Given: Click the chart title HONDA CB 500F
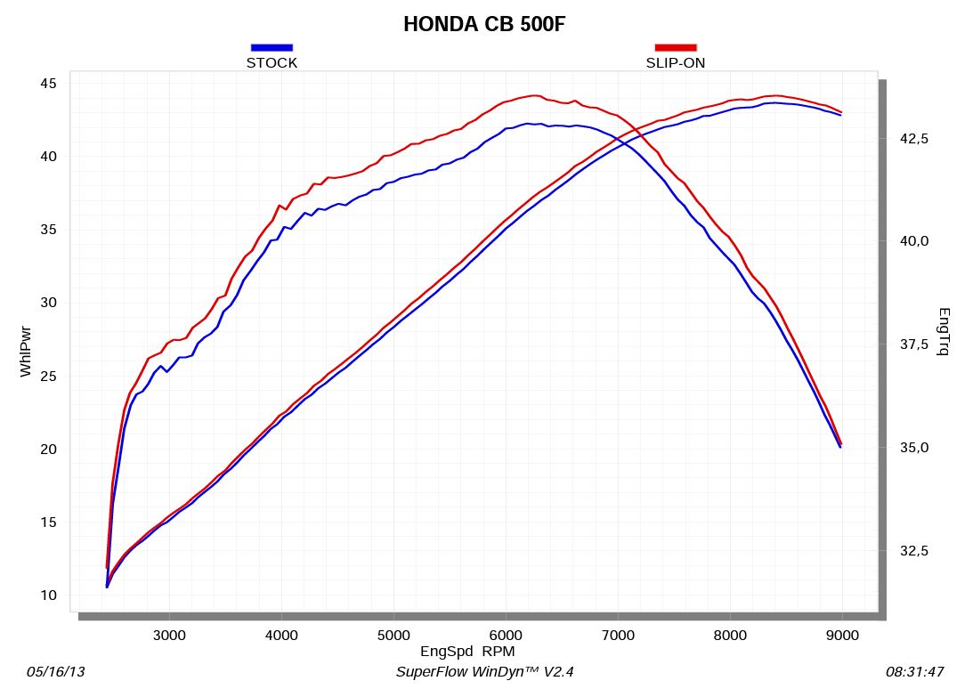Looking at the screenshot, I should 484,24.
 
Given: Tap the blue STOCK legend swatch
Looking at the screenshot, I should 272,47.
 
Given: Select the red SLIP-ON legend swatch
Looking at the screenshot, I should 676,47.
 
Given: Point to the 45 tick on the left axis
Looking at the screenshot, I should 47,84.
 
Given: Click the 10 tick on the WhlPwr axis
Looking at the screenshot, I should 47,596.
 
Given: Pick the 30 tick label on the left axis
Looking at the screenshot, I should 47,303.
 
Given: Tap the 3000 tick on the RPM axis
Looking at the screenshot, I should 169,635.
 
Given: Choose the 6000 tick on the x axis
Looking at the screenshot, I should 506,635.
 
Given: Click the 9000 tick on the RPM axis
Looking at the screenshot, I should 842,635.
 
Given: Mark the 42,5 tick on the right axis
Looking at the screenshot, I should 914,138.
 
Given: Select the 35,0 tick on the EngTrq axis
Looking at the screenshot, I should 914,448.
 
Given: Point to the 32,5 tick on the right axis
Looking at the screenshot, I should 914,551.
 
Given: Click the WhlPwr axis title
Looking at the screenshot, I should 26,351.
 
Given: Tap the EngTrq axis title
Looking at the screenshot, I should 945,331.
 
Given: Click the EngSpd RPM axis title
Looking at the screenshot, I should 467,651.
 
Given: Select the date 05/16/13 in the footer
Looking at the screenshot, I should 56,672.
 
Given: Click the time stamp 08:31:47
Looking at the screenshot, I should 914,672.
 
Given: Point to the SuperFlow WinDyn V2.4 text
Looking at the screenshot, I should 491,672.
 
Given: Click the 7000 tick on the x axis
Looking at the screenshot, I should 618,635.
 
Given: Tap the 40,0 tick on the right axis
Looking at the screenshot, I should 914,241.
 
